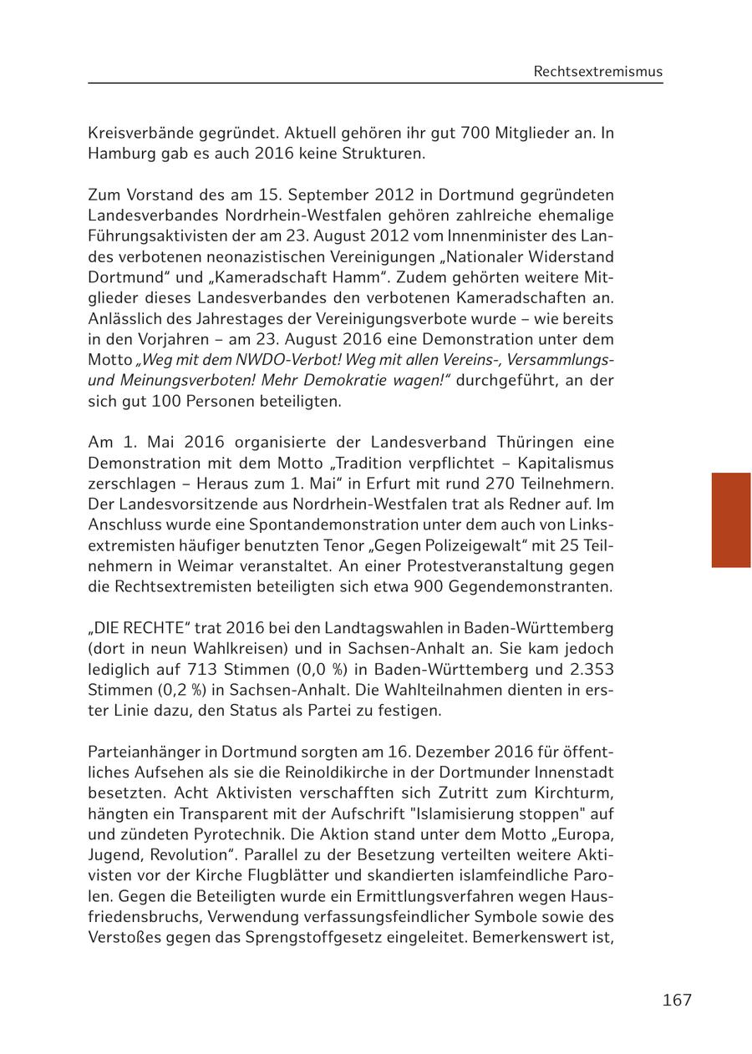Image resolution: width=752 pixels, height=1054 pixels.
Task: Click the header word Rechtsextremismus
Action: click(x=597, y=72)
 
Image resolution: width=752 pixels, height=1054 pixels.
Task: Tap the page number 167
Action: click(x=677, y=1000)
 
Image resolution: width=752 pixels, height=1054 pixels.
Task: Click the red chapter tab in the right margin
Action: click(x=730, y=519)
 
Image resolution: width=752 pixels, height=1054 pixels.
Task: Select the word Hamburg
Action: click(x=119, y=154)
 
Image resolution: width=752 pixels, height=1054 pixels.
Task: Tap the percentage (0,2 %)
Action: click(x=168, y=690)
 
